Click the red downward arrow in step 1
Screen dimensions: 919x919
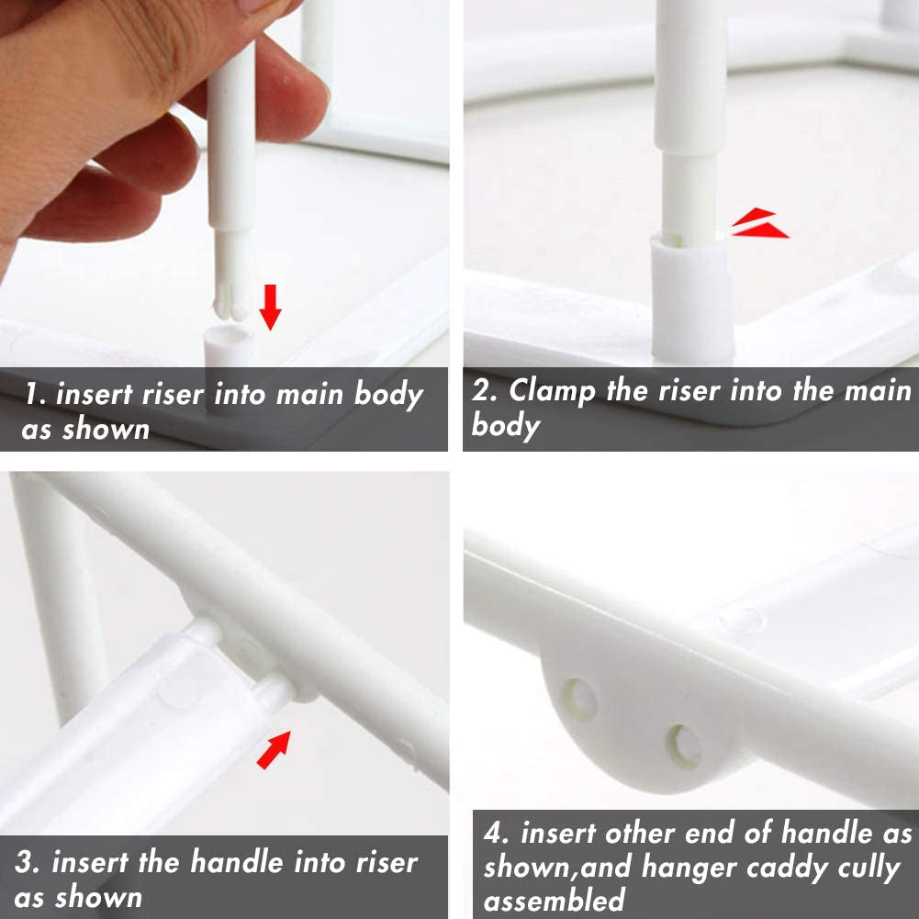click(x=270, y=308)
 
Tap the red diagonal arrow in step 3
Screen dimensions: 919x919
click(x=274, y=750)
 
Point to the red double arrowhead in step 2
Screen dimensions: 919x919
click(x=759, y=223)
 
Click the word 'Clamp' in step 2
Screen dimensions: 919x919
click(x=552, y=390)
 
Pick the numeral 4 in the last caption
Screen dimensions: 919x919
click(x=495, y=833)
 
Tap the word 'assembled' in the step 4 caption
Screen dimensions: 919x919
click(x=554, y=900)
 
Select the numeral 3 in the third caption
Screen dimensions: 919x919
click(x=24, y=863)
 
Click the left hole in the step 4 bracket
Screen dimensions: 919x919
click(x=579, y=699)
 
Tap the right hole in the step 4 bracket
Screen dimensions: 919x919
click(x=685, y=746)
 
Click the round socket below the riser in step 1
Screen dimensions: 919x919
click(x=229, y=346)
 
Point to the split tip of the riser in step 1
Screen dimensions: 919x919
click(x=230, y=305)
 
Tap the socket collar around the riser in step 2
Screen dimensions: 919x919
click(x=693, y=299)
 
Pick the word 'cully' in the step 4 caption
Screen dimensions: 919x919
click(x=868, y=868)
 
